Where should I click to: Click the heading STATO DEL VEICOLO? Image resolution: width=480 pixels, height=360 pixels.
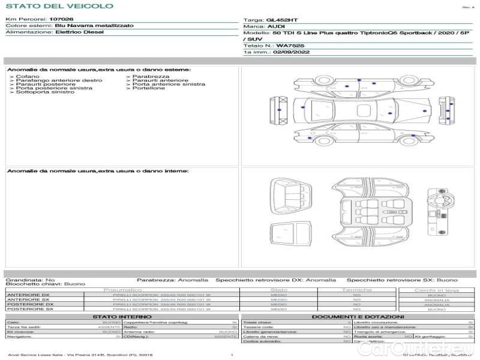(59, 6)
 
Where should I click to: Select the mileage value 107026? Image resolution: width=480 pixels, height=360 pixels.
(62, 19)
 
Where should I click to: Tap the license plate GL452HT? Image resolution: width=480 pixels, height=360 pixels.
(282, 20)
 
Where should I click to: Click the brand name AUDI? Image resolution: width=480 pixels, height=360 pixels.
(276, 27)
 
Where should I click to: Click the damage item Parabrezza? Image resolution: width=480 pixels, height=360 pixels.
(151, 77)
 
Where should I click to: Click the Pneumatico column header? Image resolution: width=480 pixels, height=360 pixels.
(122, 290)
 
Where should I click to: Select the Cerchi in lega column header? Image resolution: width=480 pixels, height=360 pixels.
(436, 290)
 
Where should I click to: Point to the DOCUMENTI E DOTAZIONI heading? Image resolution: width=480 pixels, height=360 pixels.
(358, 316)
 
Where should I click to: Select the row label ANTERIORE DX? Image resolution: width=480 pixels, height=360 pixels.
(28, 295)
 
